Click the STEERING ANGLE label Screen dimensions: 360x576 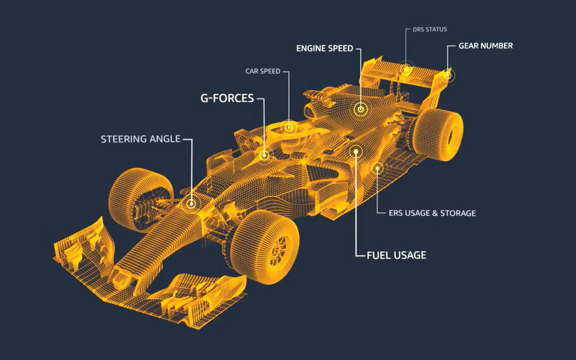tap(140, 139)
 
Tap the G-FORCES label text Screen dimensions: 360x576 tap(227, 98)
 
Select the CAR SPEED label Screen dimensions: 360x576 tap(263, 71)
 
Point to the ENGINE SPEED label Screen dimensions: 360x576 tap(324, 48)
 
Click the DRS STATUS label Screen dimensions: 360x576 tap(430, 29)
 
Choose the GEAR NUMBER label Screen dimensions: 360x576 tap(485, 46)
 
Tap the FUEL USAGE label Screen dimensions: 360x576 tap(396, 255)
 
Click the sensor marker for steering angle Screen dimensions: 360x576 tap(191, 203)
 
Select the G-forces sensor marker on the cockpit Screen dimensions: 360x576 tap(264, 154)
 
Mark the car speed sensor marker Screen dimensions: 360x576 tap(289, 127)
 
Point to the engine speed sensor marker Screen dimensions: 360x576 tap(361, 108)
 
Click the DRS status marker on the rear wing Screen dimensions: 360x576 tap(407, 70)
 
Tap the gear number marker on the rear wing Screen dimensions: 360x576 tap(448, 74)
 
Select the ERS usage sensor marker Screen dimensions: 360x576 tap(378, 168)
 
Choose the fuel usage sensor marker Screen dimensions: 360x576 tap(356, 151)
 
